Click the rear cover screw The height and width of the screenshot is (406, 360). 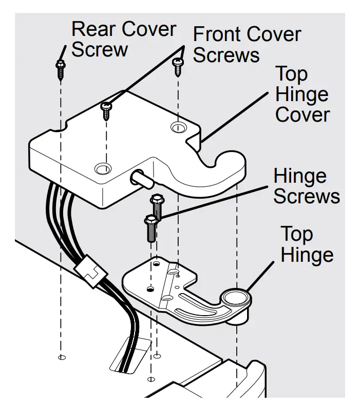tap(61, 70)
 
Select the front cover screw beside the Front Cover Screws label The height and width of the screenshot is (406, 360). tap(178, 67)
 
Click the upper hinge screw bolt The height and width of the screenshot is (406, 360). tap(156, 207)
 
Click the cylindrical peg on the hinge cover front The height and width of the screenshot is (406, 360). tap(141, 179)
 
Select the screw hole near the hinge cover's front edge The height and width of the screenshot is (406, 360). tap(103, 168)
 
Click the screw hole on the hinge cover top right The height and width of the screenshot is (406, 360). tap(178, 127)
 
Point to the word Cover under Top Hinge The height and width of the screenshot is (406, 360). tap(302, 114)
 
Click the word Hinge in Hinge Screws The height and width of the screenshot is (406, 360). tap(300, 176)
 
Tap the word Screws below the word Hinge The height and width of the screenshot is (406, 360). tap(307, 196)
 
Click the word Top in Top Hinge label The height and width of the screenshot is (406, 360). tap(297, 235)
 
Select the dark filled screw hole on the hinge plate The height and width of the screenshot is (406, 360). tap(150, 289)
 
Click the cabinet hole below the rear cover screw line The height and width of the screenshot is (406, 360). tap(62, 358)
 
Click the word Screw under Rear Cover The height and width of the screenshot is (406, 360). tap(100, 49)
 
